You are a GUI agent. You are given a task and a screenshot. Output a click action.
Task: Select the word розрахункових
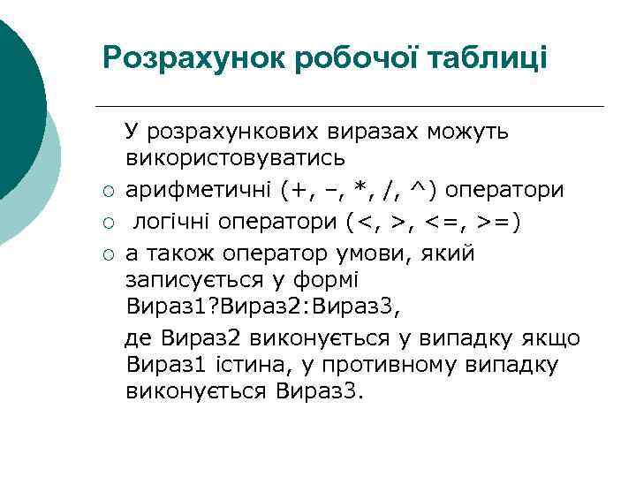tap(238, 132)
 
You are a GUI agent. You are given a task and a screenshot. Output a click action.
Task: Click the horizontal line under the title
tap(353, 107)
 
